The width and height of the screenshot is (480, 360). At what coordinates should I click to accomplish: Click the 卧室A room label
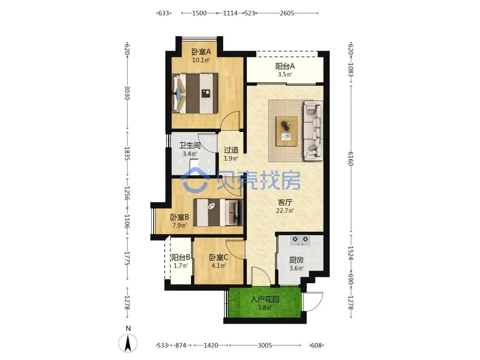coord(201,52)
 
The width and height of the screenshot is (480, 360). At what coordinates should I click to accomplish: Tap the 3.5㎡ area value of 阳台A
coord(285,74)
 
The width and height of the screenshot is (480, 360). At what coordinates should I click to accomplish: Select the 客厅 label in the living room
coord(285,202)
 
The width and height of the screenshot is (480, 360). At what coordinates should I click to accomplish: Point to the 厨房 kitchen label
coord(296,260)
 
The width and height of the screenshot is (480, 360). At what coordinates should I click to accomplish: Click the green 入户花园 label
coord(265,299)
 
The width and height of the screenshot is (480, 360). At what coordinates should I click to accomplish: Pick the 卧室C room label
coord(218,257)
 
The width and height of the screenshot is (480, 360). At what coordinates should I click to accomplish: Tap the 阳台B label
coord(180,257)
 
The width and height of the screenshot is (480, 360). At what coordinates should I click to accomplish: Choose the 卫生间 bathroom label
coord(190,145)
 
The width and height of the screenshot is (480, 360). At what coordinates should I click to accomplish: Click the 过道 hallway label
coord(231,150)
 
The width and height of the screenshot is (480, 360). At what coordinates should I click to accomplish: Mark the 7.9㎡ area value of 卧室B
coord(180,226)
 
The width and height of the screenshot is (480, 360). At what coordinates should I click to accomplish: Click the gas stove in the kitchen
coord(300,240)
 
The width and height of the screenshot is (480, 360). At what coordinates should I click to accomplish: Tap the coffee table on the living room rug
coord(286,132)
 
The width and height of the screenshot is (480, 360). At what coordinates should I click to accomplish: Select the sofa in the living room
coord(313,131)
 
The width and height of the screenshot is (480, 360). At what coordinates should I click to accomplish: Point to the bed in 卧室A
coord(195,94)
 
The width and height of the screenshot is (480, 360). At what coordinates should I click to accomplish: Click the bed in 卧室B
coord(218,213)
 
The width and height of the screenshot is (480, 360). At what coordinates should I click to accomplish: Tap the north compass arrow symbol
coord(128,343)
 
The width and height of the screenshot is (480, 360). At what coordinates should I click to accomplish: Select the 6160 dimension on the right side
coord(351,158)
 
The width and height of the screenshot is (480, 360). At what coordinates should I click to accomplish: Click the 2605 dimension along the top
coord(287,13)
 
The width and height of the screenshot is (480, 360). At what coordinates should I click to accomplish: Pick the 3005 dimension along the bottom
coord(265,345)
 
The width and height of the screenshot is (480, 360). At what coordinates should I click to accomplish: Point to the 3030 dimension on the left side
coord(127,93)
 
